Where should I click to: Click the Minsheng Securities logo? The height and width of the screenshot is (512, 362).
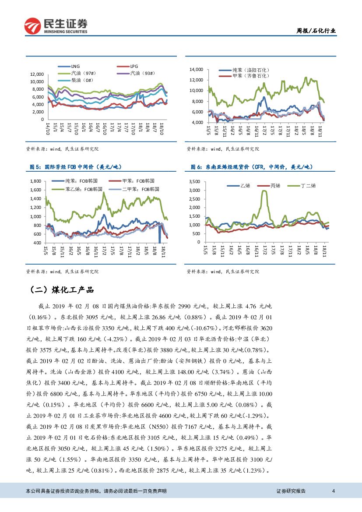click(56, 27)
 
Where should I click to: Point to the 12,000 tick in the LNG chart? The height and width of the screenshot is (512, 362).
click(37, 74)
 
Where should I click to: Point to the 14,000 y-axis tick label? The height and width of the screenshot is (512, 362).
click(196, 69)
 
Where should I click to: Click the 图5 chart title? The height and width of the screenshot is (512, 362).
click(75, 167)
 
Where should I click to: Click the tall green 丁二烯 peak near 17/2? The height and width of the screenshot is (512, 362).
click(264, 191)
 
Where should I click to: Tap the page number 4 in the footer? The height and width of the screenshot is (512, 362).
click(334, 491)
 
